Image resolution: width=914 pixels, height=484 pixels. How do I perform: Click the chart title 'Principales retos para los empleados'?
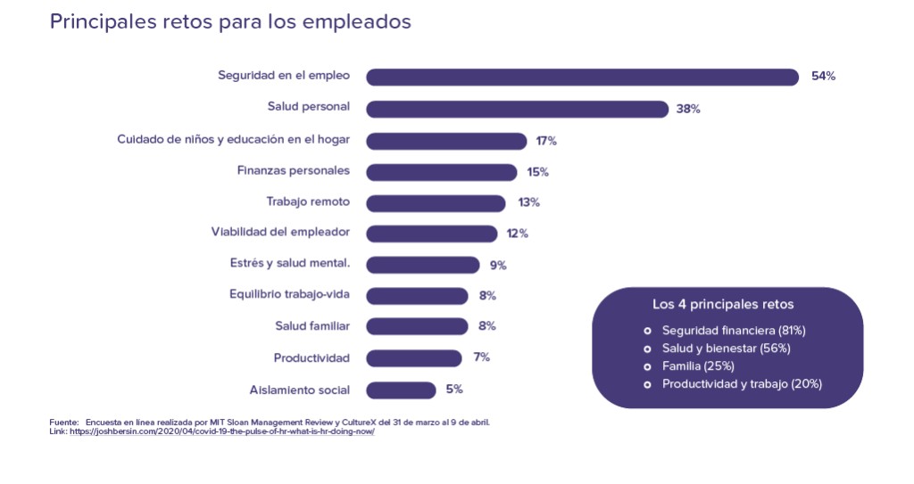(230, 22)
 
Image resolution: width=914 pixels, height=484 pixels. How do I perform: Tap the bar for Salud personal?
(517, 109)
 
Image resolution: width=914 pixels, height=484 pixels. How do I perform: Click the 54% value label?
(823, 77)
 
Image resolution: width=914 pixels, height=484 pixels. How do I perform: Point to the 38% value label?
(688, 109)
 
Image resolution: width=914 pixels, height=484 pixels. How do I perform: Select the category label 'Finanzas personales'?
(293, 170)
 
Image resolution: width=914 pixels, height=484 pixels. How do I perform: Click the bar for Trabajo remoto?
(436, 202)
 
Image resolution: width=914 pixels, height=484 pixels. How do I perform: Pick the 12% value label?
(518, 234)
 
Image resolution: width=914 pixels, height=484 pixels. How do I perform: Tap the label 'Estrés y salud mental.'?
(289, 264)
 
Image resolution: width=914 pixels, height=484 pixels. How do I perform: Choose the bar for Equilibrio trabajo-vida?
(417, 295)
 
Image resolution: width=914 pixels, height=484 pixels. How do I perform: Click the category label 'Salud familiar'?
(312, 326)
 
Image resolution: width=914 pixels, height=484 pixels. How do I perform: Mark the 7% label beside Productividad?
(482, 357)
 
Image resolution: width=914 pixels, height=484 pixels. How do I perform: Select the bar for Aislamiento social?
(401, 390)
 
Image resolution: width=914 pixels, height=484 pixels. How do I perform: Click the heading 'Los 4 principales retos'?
(723, 304)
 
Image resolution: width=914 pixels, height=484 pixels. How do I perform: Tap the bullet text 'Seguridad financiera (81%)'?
(734, 330)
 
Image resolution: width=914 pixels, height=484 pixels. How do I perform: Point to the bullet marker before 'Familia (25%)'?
(648, 366)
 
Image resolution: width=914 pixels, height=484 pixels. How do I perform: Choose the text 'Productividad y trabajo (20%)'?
(742, 384)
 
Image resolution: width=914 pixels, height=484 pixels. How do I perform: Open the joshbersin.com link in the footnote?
(222, 431)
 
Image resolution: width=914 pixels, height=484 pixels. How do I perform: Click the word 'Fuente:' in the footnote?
(64, 422)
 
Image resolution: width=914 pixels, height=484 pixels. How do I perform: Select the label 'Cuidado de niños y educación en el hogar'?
(233, 140)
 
